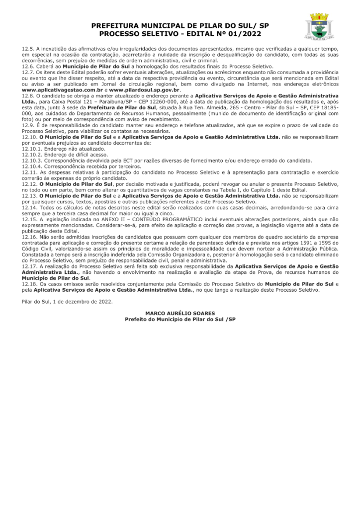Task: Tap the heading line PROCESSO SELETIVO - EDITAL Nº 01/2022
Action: click(180, 34)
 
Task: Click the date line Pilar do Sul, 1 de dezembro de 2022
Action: click(67, 301)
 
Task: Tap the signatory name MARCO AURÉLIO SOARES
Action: click(180, 313)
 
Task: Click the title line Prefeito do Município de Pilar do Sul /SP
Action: click(180, 319)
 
